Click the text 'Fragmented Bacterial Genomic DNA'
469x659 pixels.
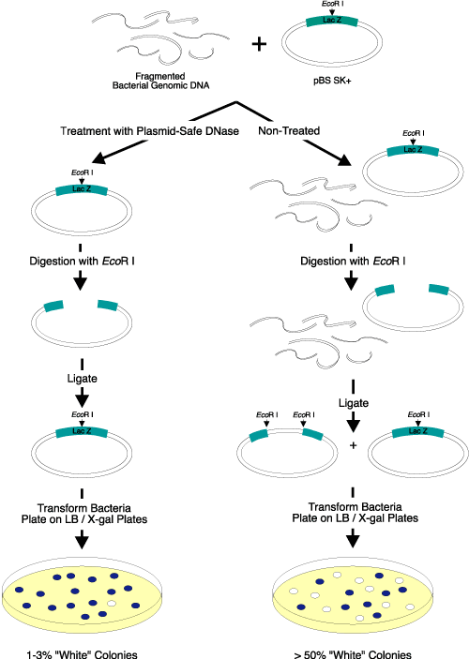pyautogui.click(x=162, y=82)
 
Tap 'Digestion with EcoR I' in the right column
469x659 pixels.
pyautogui.click(x=350, y=252)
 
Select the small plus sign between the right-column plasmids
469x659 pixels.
pyautogui.click(x=353, y=446)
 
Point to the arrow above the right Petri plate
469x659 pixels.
pyautogui.click(x=353, y=538)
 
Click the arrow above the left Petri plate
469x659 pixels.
pyautogui.click(x=81, y=538)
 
